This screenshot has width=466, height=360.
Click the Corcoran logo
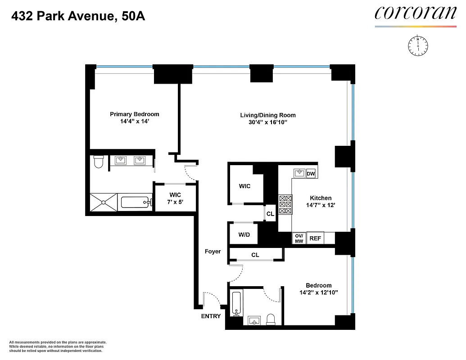tap(415, 13)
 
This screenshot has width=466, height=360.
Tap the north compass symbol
tap(418, 46)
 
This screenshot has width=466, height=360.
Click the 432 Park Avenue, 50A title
tap(78, 17)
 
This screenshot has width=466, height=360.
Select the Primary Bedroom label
tap(134, 114)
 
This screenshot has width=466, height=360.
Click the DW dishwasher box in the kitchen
tap(311, 174)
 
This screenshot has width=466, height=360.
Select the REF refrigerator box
tap(315, 238)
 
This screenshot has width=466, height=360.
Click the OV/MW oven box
tap(299, 238)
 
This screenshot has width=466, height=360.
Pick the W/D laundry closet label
tap(244, 234)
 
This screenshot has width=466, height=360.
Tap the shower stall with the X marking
tap(104, 202)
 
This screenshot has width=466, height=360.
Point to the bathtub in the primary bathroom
tap(135, 202)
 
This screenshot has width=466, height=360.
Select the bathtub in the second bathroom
tap(236, 304)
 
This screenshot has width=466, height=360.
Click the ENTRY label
tap(211, 316)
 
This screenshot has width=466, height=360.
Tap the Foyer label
tap(213, 252)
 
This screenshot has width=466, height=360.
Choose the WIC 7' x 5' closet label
tap(175, 198)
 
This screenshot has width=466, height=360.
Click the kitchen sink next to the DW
tap(299, 173)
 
